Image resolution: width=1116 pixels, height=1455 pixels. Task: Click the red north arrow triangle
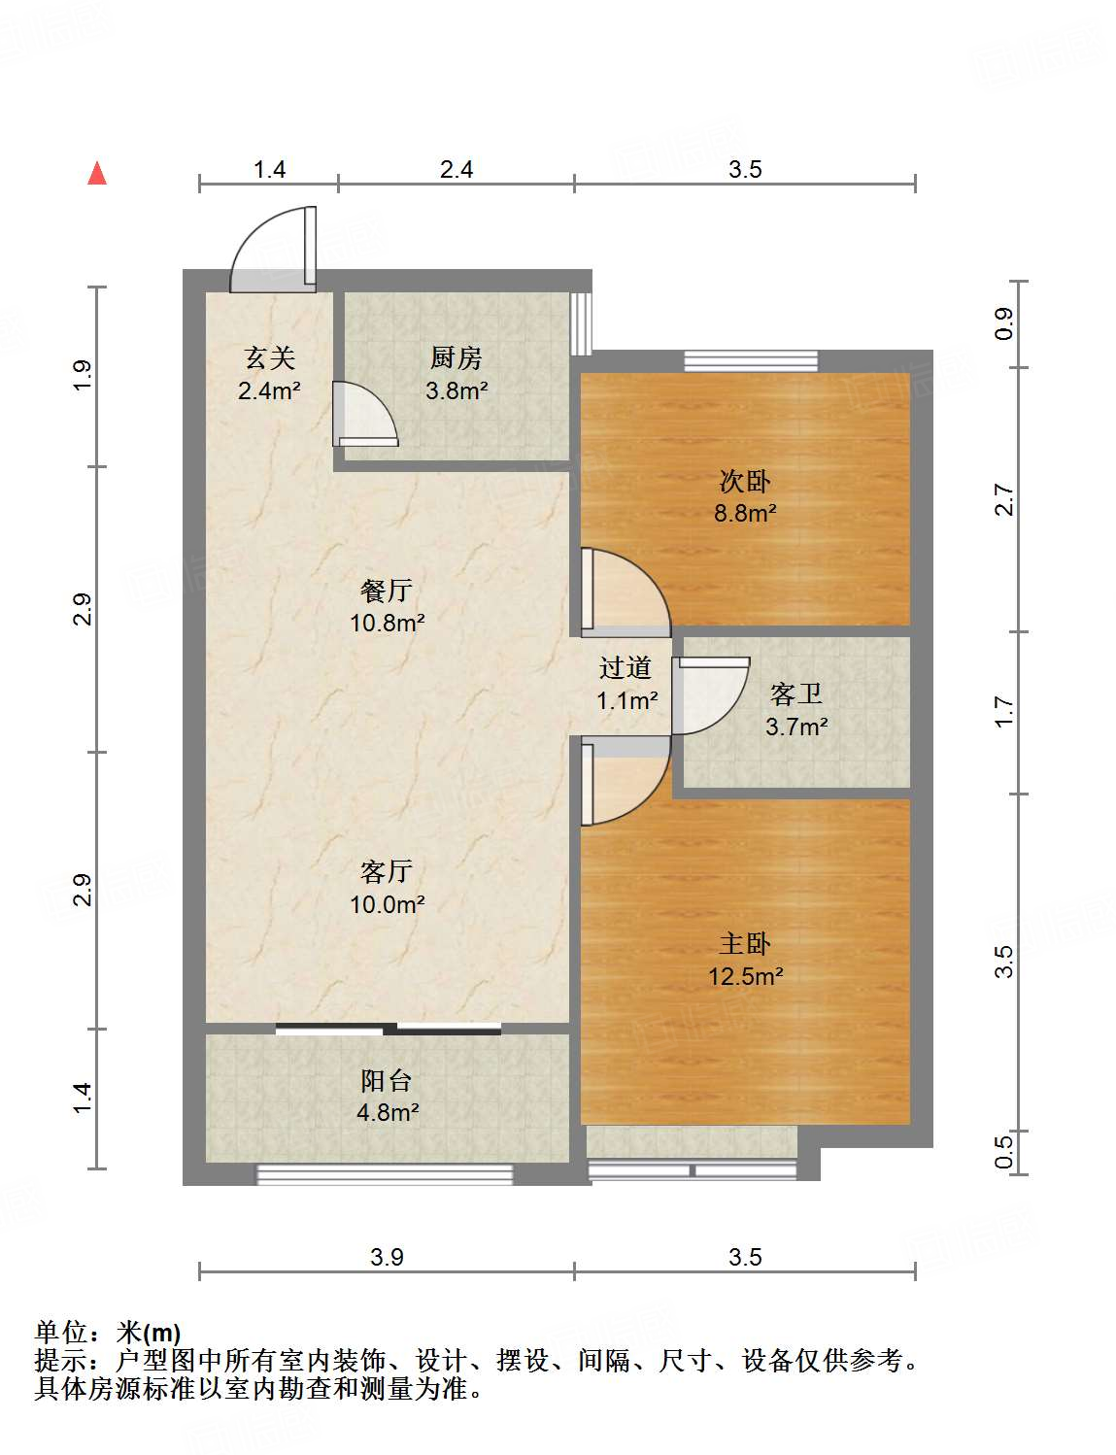tap(97, 173)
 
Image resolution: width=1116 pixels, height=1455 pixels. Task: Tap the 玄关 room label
tap(269, 358)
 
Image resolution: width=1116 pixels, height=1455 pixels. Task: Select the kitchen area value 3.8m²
tap(456, 391)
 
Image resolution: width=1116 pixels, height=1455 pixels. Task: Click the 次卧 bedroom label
tap(745, 481)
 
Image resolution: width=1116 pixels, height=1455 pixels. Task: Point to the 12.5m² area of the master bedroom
tap(745, 976)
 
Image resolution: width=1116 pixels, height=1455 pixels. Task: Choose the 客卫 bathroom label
tap(795, 694)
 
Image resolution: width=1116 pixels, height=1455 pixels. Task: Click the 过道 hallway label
tap(625, 667)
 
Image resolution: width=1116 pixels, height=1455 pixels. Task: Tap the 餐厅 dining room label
tap(387, 590)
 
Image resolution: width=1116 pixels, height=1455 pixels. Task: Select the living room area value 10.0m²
tap(387, 904)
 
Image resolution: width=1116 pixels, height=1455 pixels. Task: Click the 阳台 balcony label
tap(387, 1080)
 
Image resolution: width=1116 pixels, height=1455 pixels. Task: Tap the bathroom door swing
tap(707, 694)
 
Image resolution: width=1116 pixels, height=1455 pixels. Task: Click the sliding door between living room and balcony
tap(389, 1029)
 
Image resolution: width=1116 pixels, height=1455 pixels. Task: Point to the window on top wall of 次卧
tap(751, 360)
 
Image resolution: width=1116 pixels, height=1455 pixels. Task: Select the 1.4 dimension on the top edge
tap(269, 170)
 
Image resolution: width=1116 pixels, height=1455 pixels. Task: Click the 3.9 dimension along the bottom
tap(387, 1257)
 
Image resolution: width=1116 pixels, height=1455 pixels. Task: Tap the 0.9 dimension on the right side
tap(1003, 323)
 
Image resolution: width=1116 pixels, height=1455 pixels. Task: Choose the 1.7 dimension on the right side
tap(1003, 712)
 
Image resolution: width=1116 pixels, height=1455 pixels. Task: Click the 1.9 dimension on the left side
tap(83, 375)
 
